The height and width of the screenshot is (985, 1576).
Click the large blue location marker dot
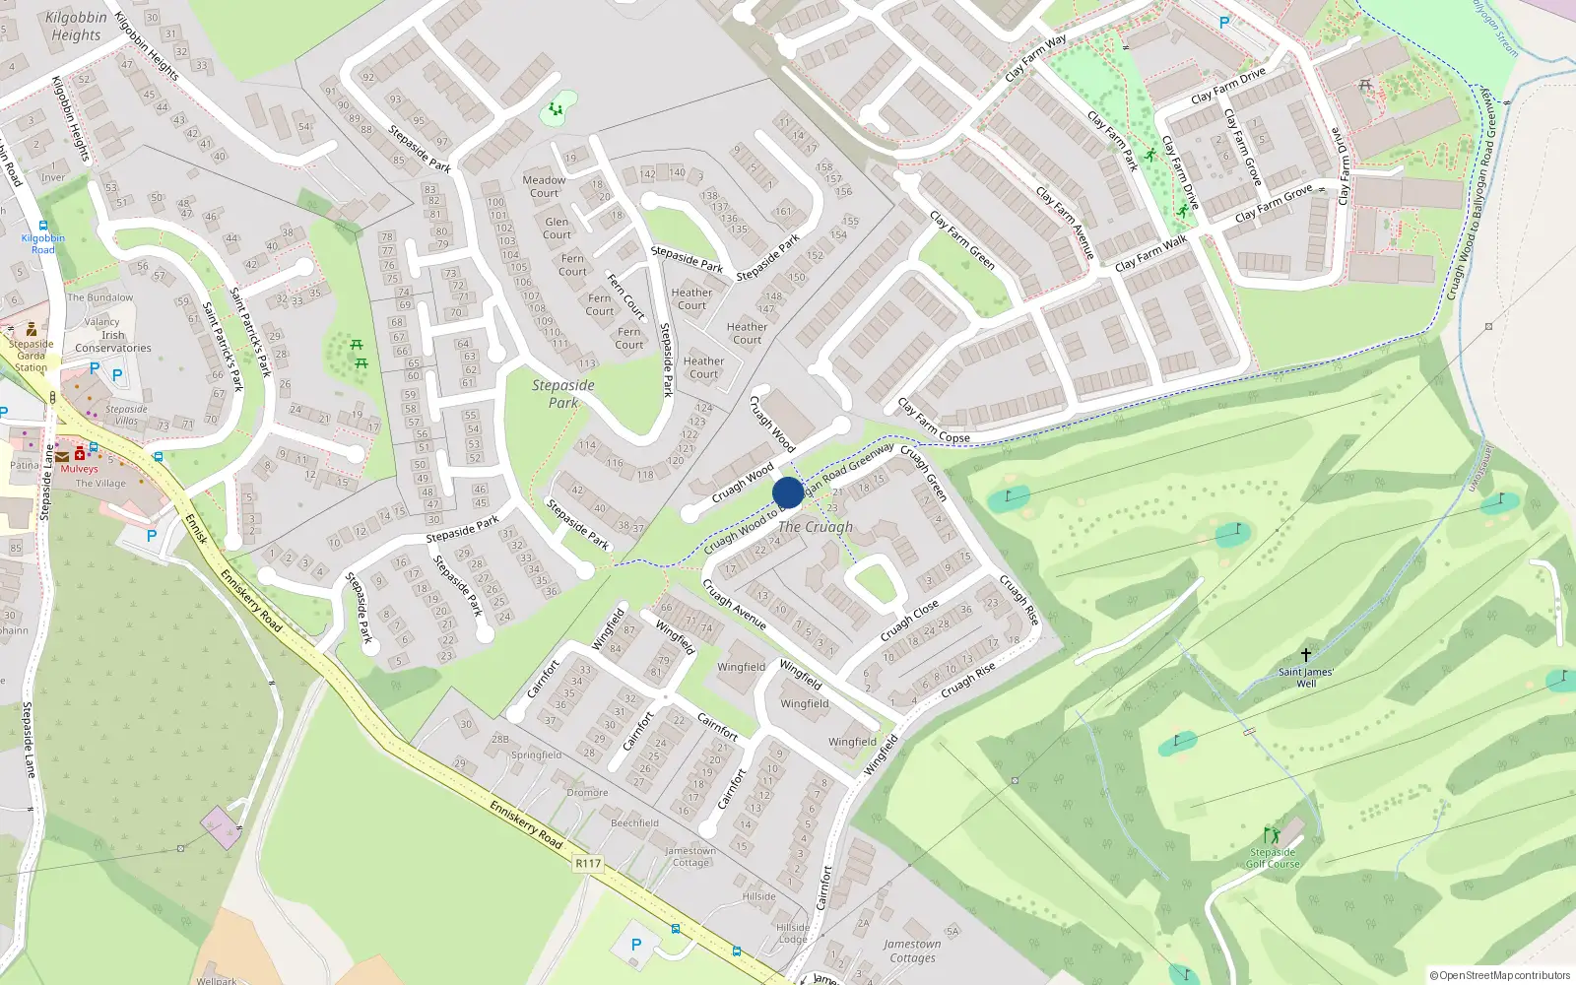[x=788, y=492]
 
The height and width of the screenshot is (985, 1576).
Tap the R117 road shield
[x=588, y=863]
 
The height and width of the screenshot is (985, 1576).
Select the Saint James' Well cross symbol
[x=1306, y=655]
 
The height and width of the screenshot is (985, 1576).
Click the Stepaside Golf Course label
[x=1273, y=858]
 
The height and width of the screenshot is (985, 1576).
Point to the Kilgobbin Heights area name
[x=77, y=26]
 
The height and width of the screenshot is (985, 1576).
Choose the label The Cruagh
[x=816, y=527]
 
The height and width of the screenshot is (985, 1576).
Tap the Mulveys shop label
[x=79, y=469]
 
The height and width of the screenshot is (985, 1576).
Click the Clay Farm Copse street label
[x=933, y=421]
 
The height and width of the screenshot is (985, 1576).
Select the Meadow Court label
[x=544, y=186]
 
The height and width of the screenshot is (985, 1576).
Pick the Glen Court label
[x=557, y=229]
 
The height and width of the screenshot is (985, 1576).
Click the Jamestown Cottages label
[x=912, y=951]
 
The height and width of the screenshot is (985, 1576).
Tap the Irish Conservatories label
[x=113, y=341]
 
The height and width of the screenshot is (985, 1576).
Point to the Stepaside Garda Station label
[x=31, y=356]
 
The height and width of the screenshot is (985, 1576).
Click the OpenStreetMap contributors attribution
[x=1499, y=975]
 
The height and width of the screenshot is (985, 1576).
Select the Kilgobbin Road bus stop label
[x=42, y=243]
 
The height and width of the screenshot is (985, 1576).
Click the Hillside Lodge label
[x=793, y=933]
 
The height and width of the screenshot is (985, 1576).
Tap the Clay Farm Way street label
[x=1035, y=58]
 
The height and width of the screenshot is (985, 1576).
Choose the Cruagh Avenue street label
[x=734, y=604]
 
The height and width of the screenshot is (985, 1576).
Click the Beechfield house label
[x=634, y=822]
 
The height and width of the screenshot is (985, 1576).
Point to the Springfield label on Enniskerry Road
[x=536, y=755]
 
